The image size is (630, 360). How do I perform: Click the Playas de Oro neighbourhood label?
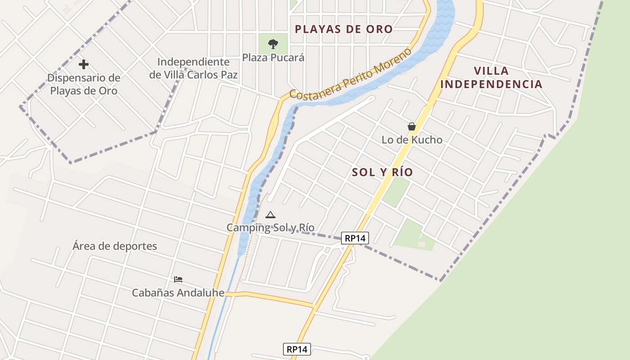344,29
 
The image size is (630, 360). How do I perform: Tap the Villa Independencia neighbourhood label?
491,77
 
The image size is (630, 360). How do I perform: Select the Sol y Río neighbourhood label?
382,172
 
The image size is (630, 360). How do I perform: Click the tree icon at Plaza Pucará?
273,44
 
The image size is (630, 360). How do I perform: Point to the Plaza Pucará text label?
273,58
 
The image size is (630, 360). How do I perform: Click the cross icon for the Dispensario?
83,64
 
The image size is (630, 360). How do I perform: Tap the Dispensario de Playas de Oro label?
84,84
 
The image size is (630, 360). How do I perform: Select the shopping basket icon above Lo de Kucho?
411,126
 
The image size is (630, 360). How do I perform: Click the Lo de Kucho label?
412,140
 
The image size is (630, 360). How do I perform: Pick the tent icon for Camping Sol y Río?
270,215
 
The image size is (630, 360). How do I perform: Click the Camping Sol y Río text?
270,228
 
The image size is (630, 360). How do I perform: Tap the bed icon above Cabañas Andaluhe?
178,279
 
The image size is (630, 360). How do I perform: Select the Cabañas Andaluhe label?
178,293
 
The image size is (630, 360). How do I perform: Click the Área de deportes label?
115,246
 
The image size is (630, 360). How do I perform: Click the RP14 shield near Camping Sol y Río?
355,238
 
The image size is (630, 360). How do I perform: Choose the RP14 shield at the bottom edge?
297,349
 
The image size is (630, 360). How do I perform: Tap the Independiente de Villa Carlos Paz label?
193,68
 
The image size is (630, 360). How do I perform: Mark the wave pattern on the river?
443,18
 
